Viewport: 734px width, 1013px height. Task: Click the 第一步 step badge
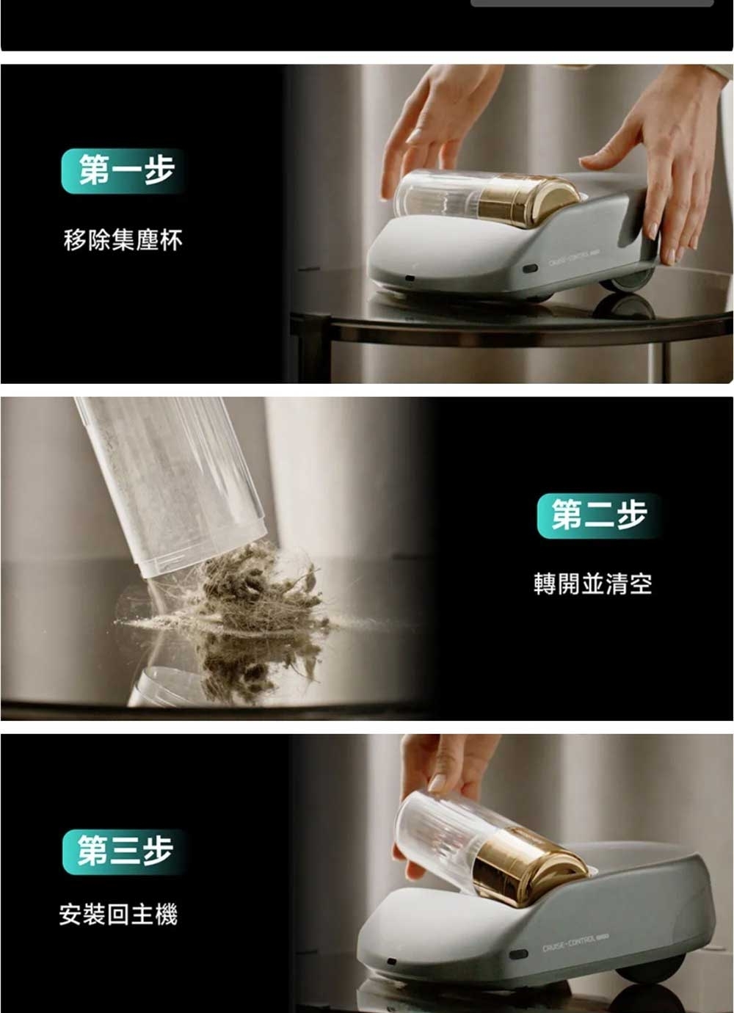[x=123, y=171]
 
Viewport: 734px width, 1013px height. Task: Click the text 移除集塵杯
[x=123, y=240]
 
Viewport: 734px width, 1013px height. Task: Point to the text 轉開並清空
[x=592, y=584]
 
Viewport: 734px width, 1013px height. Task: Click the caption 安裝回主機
[x=118, y=915]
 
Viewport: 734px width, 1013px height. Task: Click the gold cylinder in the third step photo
[x=523, y=863]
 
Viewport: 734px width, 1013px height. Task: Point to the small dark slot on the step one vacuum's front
[x=410, y=279]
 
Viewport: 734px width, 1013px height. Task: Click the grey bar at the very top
[x=592, y=3]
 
